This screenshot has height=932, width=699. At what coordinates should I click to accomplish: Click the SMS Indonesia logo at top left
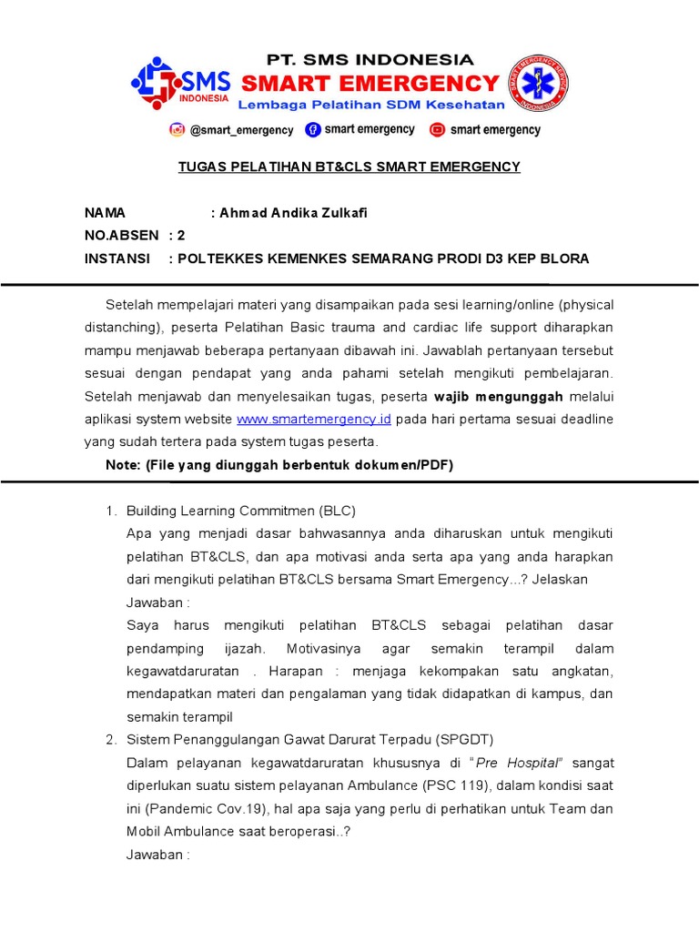click(x=180, y=84)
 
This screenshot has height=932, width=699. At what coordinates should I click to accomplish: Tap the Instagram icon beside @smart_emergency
click(x=177, y=129)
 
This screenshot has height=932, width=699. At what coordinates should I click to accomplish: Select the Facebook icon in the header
click(x=313, y=129)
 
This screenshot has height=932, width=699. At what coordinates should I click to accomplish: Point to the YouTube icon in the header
click(x=438, y=129)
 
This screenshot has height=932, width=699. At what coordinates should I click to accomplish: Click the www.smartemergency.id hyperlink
click(x=314, y=419)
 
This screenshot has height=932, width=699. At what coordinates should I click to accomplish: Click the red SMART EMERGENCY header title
click(x=370, y=84)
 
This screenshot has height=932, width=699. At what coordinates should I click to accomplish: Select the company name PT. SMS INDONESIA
click(x=370, y=60)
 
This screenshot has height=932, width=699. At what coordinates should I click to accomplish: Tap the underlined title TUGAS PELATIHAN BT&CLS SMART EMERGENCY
click(x=348, y=167)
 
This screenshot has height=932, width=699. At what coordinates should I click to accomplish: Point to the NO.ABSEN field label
click(x=121, y=236)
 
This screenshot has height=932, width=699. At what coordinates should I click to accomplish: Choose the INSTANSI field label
click(x=117, y=258)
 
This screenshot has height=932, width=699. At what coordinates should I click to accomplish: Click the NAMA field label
click(x=105, y=213)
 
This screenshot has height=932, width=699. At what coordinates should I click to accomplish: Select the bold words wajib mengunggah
click(x=499, y=396)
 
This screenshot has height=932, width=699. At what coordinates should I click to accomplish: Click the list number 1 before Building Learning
click(x=111, y=511)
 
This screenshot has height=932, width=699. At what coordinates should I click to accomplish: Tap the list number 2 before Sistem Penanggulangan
click(x=111, y=738)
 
